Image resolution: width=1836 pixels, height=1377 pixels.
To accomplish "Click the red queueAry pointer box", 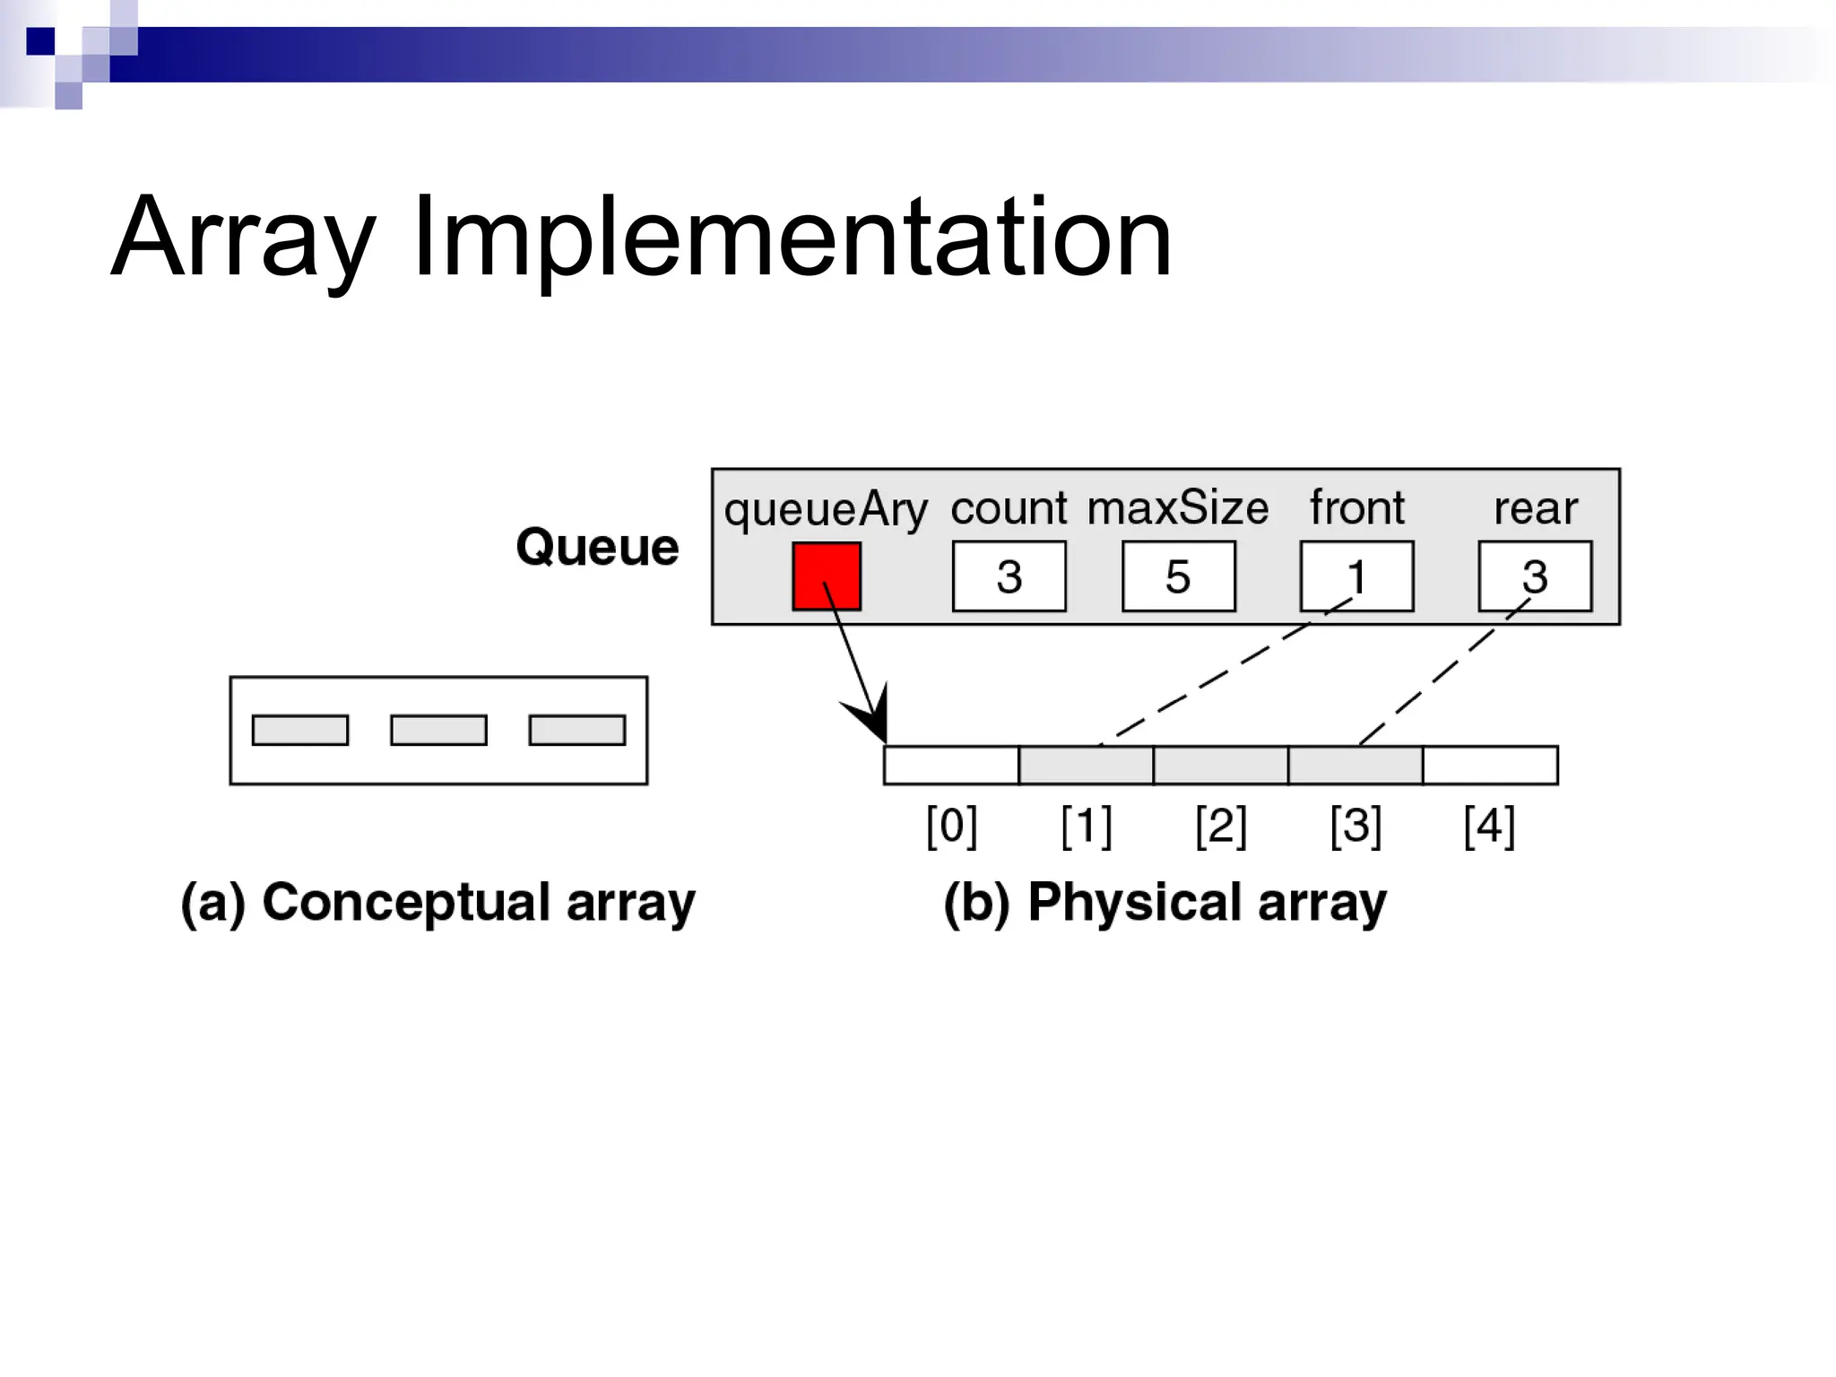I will pyautogui.click(x=827, y=576).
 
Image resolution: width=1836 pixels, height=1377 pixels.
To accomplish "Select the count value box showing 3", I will pyautogui.click(x=1009, y=576).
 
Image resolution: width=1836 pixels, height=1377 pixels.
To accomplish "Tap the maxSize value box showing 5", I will pyautogui.click(x=1178, y=576).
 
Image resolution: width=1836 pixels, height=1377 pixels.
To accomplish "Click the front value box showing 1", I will pyautogui.click(x=1356, y=576).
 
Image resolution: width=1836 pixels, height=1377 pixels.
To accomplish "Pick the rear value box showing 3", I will pyautogui.click(x=1535, y=576).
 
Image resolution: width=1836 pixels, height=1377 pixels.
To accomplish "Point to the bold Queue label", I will pyautogui.click(x=597, y=547).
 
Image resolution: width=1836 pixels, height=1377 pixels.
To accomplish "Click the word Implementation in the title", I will pyautogui.click(x=792, y=238).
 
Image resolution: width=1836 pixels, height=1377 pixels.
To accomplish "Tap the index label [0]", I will pyautogui.click(x=951, y=825).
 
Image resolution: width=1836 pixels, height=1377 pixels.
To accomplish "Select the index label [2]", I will pyautogui.click(x=1221, y=825).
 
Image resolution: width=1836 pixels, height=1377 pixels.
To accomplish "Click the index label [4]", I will pyautogui.click(x=1489, y=825).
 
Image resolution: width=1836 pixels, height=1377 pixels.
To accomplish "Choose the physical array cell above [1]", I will pyautogui.click(x=1086, y=766).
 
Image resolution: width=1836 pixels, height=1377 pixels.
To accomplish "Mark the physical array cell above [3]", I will pyautogui.click(x=1355, y=766).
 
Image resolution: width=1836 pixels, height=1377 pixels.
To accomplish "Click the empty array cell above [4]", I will pyautogui.click(x=1490, y=766).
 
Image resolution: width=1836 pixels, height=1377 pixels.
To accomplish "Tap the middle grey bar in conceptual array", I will pyautogui.click(x=438, y=730).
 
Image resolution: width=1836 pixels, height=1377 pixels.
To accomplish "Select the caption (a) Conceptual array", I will pyautogui.click(x=437, y=902).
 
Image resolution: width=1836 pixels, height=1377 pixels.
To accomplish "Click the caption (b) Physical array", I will pyautogui.click(x=1165, y=902).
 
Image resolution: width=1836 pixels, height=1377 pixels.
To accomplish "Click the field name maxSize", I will pyautogui.click(x=1178, y=508).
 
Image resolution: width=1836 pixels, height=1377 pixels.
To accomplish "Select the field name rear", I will pyautogui.click(x=1535, y=508).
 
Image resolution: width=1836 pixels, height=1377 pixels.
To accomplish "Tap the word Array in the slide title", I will pyautogui.click(x=242, y=238).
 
